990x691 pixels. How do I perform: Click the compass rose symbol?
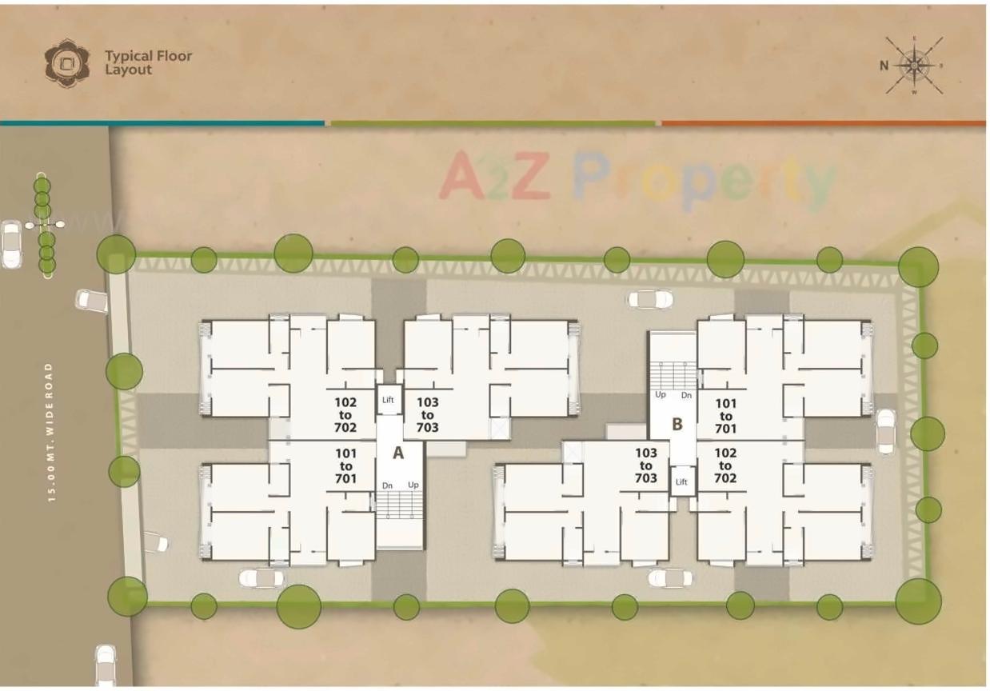[915, 66]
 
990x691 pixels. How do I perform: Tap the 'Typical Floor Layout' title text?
[148, 62]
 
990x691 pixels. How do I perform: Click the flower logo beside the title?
[67, 63]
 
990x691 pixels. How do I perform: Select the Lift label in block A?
[389, 400]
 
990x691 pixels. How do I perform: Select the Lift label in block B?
[681, 481]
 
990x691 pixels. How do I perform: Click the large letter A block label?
[397, 453]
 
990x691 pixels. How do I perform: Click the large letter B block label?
[677, 424]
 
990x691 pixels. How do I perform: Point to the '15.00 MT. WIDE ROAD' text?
[50, 432]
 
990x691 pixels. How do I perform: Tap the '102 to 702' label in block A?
[345, 415]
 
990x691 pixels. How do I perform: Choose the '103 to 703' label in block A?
[428, 415]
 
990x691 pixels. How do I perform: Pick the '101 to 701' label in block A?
[345, 466]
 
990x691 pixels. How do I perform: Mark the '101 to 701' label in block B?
[725, 416]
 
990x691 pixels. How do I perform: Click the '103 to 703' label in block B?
[646, 465]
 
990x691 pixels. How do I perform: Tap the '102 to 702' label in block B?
[725, 465]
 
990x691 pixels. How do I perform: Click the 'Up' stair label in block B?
[661, 395]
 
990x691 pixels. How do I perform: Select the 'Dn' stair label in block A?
[387, 485]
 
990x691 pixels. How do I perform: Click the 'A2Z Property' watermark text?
[637, 178]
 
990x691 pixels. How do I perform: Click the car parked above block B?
[650, 299]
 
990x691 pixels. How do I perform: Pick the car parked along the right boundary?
[886, 431]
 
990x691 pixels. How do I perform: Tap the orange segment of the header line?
[824, 123]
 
